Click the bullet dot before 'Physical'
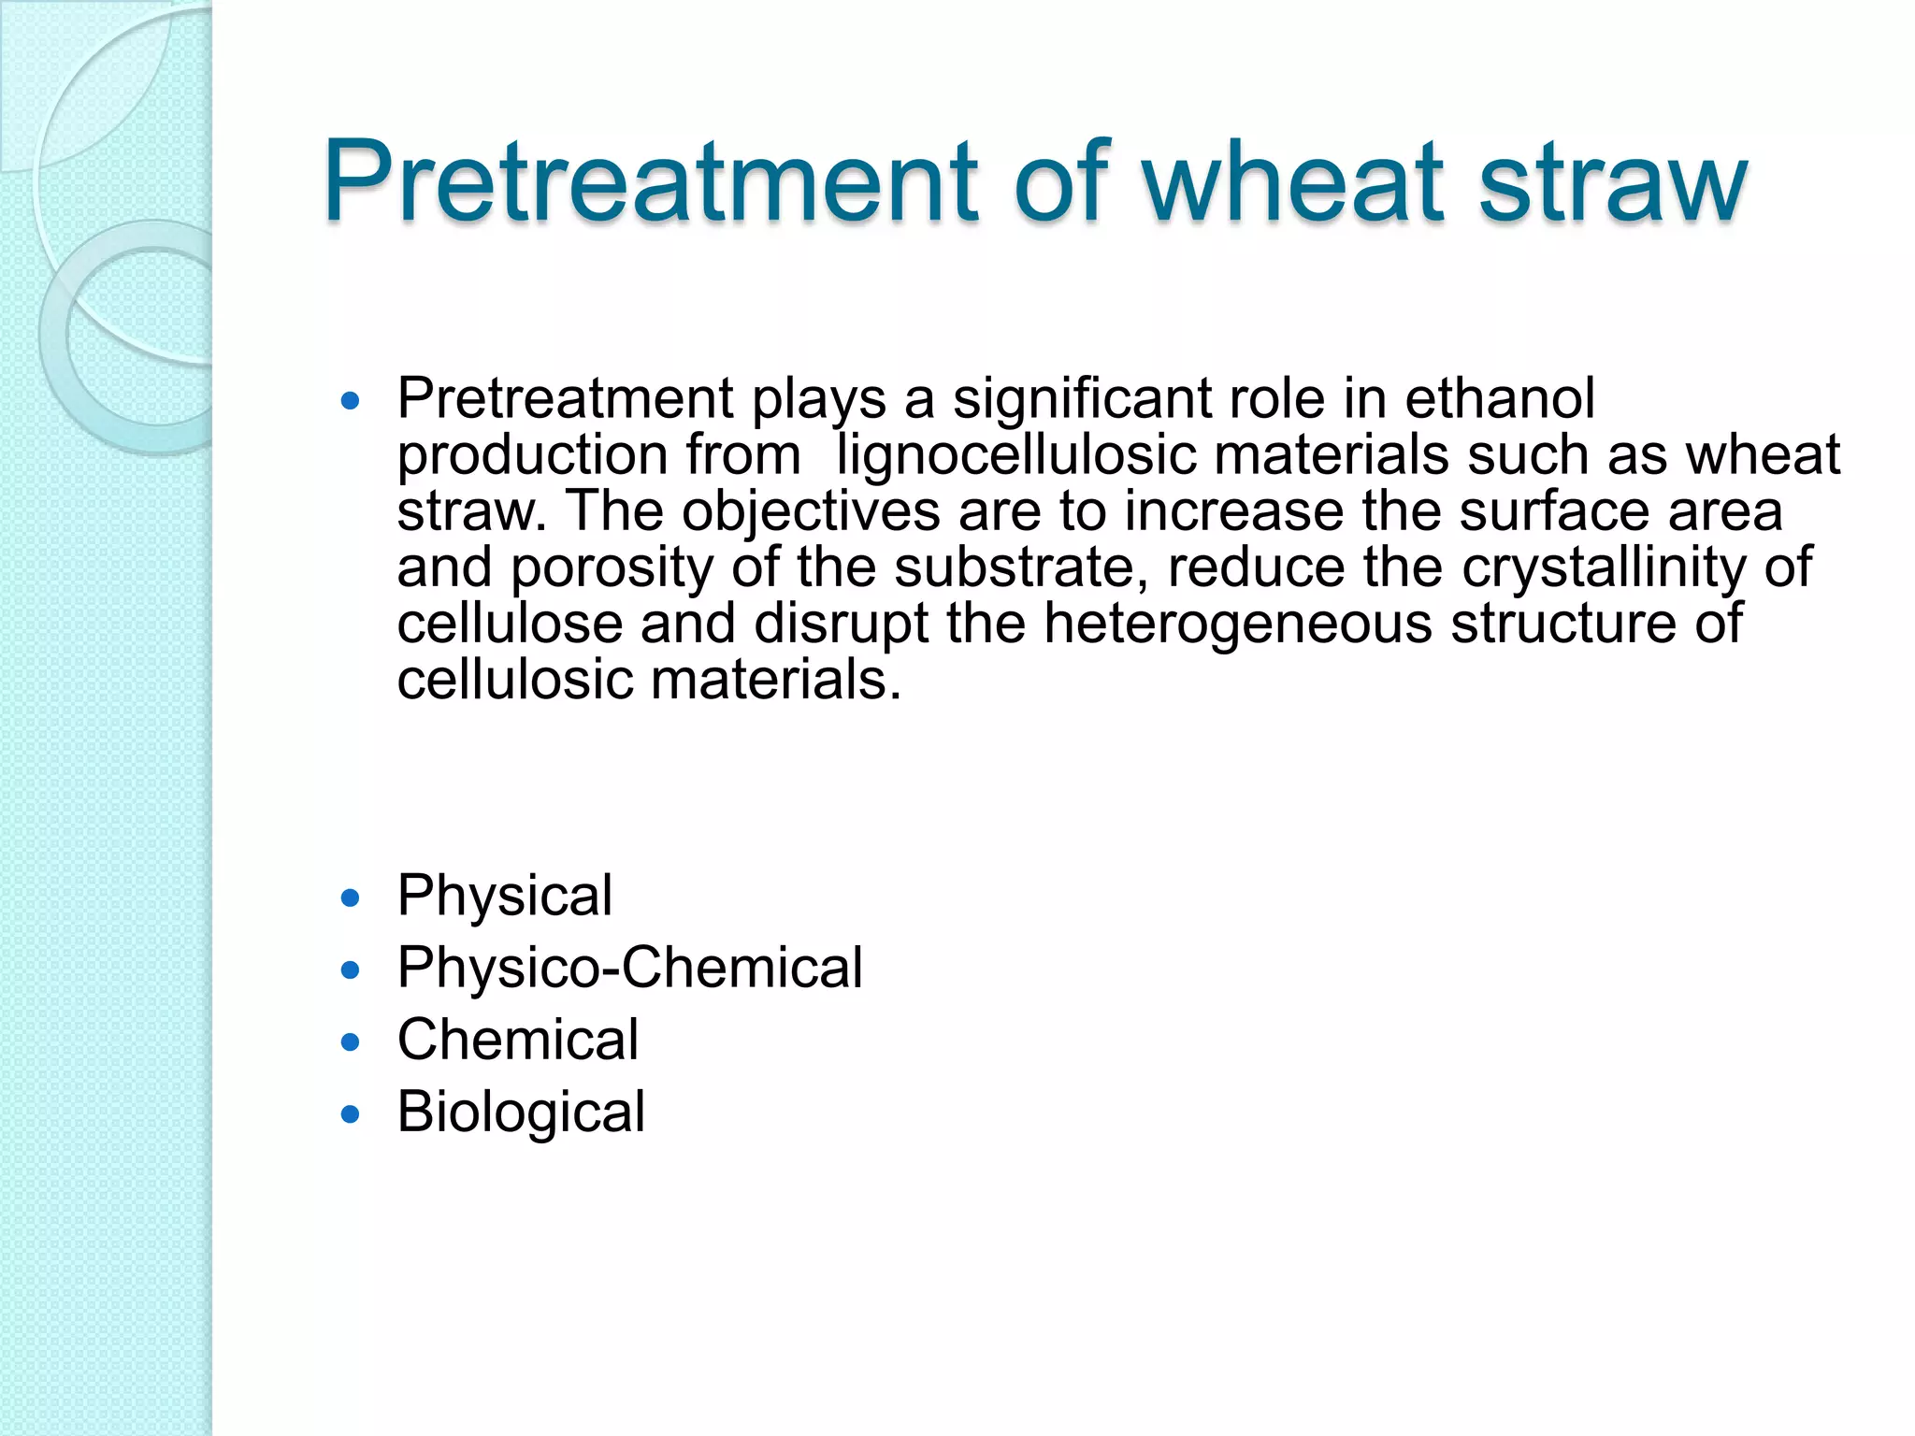[351, 898]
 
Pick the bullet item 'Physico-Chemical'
[629, 968]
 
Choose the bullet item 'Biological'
[521, 1113]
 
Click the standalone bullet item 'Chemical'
[518, 1040]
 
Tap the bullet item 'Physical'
[505, 896]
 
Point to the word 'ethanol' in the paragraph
[1500, 399]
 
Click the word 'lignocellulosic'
[1015, 455]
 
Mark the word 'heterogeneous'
[1237, 624]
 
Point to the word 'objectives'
[811, 512]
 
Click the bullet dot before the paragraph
[351, 402]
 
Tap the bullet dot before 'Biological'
[351, 1113]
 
